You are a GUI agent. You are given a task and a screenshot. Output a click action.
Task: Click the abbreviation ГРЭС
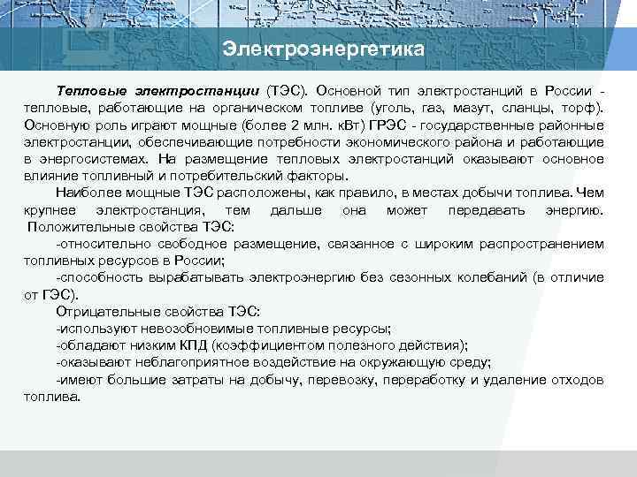[x=381, y=125]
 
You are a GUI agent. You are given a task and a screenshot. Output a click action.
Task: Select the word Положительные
[x=80, y=226]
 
